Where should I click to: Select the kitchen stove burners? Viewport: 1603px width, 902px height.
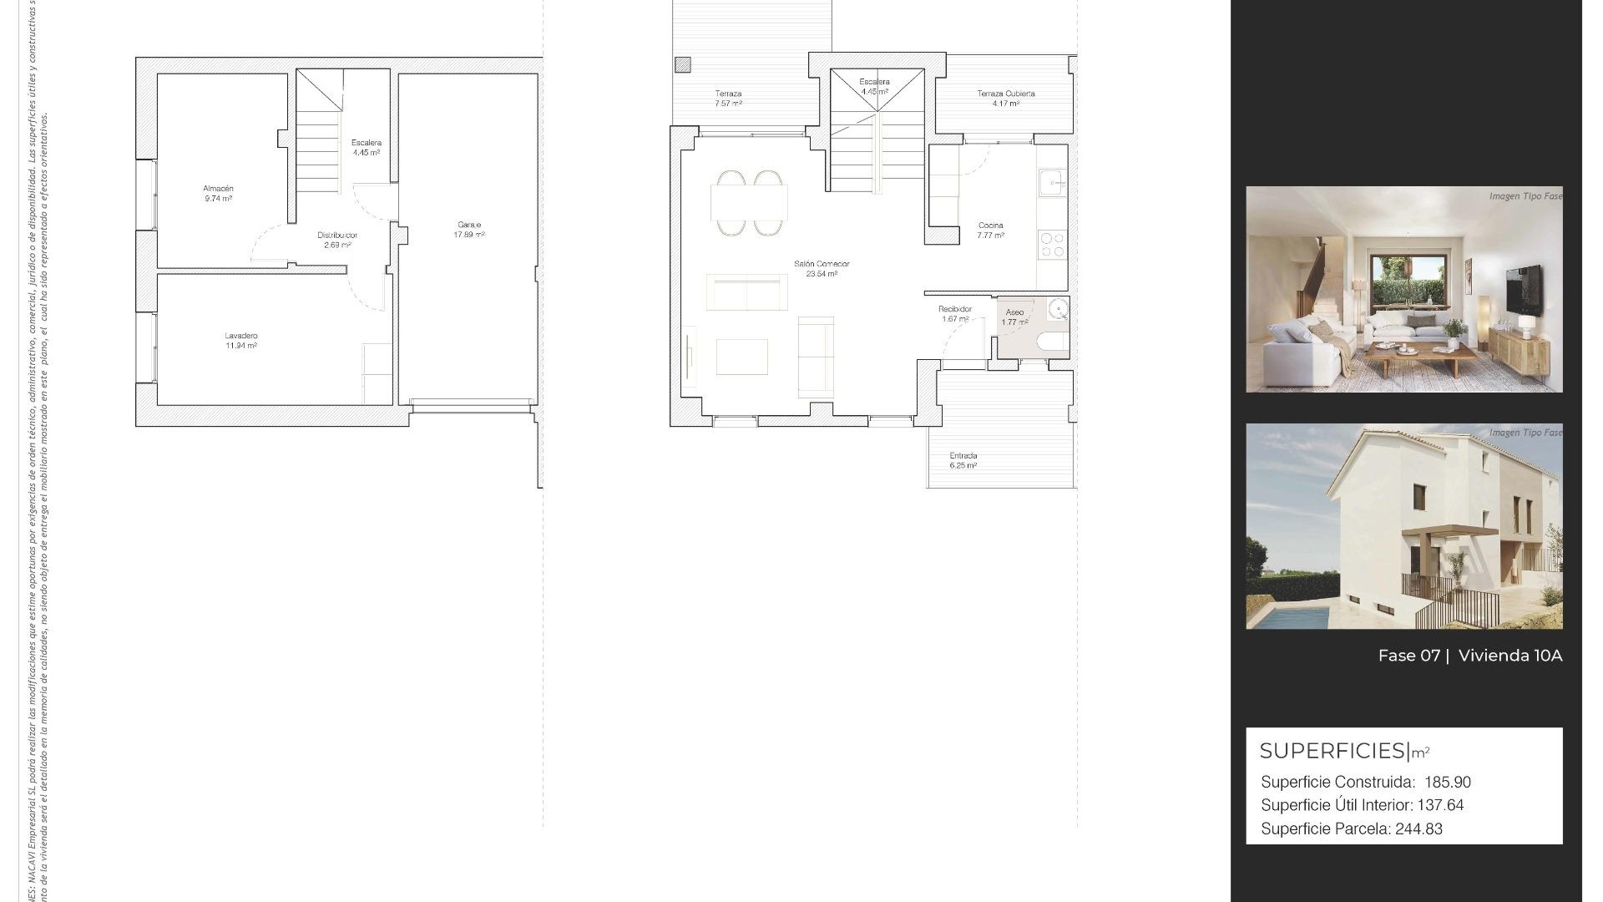1052,244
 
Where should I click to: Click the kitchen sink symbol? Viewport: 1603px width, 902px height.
1051,181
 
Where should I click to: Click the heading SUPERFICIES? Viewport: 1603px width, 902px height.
1332,751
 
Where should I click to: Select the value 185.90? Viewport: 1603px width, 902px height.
1448,783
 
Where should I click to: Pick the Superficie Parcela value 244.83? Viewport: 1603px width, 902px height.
1418,829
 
